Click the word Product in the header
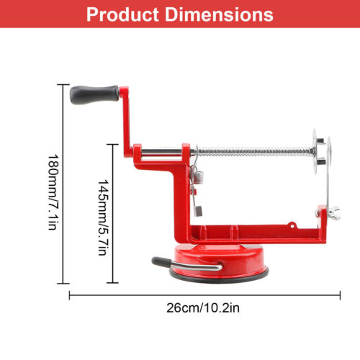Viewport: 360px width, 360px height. coord(122,15)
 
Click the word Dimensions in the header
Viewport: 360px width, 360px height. coord(219,14)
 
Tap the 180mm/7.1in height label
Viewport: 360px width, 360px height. coord(53,192)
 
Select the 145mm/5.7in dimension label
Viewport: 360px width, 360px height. coord(103,217)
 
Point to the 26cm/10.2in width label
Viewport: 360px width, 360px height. coord(203,308)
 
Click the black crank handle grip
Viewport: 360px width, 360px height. coord(94,95)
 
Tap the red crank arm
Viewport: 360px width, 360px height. coord(126,121)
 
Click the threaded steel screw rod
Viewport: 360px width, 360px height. coord(254,152)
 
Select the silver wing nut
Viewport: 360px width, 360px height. coord(333,212)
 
